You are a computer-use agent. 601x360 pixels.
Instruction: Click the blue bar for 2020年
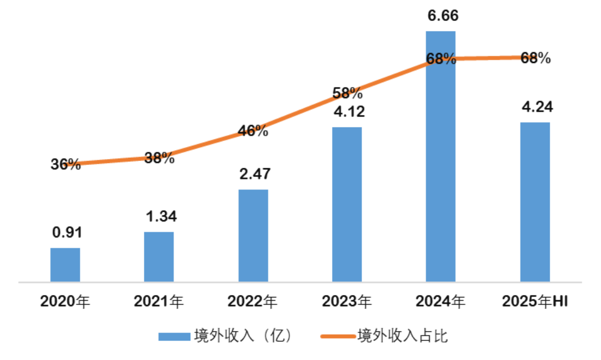[x=65, y=265]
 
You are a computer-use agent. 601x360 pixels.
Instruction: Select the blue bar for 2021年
[x=159, y=257]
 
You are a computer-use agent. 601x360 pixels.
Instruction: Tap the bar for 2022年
[x=253, y=236]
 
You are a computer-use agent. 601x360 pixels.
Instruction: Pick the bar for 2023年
[x=346, y=205]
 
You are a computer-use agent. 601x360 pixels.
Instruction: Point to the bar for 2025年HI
[x=534, y=202]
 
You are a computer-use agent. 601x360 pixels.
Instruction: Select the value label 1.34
[x=160, y=217]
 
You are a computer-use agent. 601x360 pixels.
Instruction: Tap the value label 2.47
[x=254, y=175]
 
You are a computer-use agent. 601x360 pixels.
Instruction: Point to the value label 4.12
[x=348, y=112]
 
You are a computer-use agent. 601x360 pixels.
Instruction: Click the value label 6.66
[x=442, y=15]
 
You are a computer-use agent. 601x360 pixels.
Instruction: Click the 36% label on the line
[x=65, y=164]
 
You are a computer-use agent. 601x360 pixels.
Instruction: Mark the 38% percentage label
[x=159, y=158]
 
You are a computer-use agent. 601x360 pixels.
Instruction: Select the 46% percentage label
[x=253, y=130]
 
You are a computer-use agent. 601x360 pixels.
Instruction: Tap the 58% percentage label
[x=347, y=94]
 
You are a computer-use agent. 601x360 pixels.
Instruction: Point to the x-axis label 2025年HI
[x=534, y=301]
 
